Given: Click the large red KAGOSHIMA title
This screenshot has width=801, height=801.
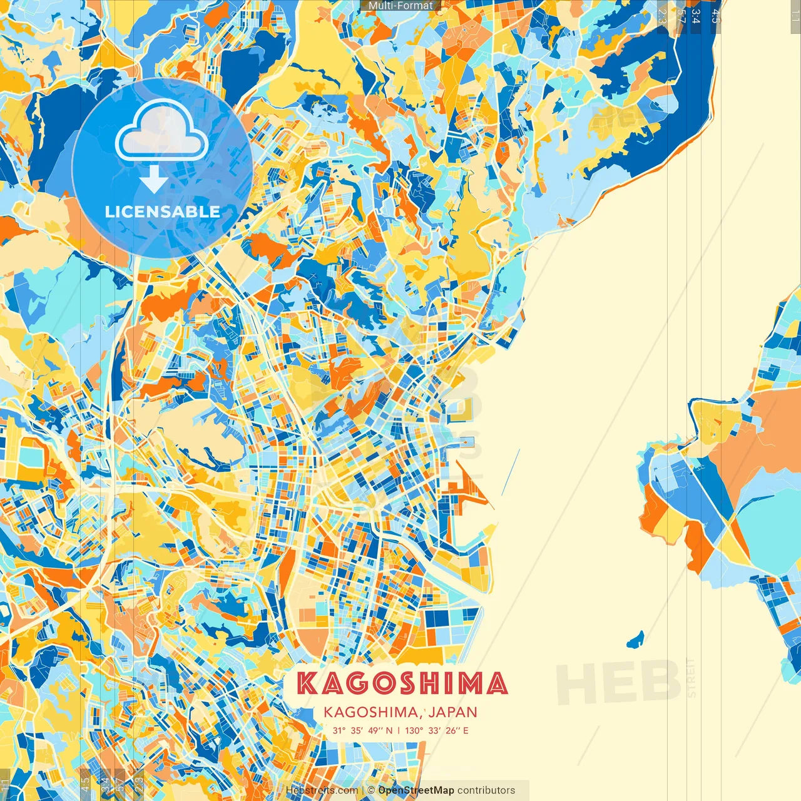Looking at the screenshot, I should (x=402, y=683).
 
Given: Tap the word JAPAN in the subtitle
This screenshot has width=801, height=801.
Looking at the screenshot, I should (x=453, y=712).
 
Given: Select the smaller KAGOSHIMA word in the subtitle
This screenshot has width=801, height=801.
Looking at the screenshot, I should (x=370, y=712).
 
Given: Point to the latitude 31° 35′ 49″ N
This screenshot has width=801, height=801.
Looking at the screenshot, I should (x=362, y=730).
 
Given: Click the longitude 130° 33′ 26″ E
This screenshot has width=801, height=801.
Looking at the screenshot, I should (x=437, y=730).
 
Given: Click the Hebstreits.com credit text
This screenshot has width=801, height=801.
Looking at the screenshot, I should (x=322, y=790).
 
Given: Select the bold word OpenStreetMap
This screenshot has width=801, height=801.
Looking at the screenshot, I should (x=416, y=790).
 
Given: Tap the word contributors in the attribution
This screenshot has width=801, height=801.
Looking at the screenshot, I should (x=486, y=790).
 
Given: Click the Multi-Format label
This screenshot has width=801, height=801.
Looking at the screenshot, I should (x=400, y=6).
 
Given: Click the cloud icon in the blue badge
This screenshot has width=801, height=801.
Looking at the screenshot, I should (x=161, y=132).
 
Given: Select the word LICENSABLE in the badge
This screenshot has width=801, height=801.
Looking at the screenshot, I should (x=162, y=212).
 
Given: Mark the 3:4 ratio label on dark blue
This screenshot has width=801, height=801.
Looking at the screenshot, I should (x=696, y=16).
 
